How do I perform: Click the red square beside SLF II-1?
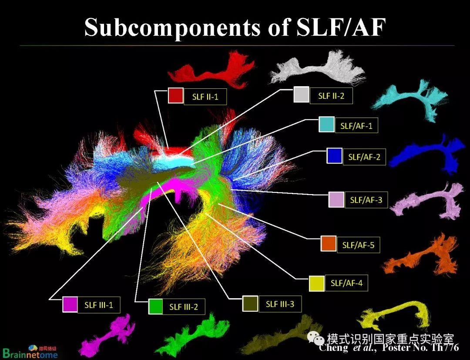click(x=175, y=96)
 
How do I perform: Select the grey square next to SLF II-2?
click(x=301, y=94)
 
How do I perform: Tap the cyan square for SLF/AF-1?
click(x=326, y=124)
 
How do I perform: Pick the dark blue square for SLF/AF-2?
click(x=334, y=156)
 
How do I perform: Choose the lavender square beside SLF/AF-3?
click(x=336, y=199)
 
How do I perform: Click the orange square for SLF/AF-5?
click(x=328, y=244)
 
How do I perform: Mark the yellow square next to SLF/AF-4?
click(x=316, y=283)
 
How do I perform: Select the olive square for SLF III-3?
click(x=250, y=303)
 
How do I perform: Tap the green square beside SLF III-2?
click(x=155, y=306)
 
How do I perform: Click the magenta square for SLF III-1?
click(x=70, y=304)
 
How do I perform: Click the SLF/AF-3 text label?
click(x=366, y=201)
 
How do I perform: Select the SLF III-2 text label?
click(x=183, y=307)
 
